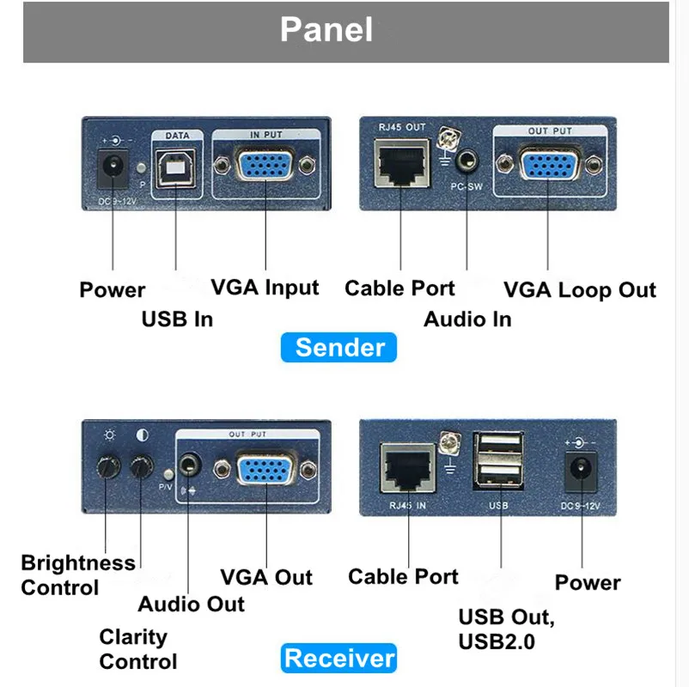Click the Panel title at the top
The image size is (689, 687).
[x=326, y=30]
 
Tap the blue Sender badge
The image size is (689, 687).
[x=339, y=348]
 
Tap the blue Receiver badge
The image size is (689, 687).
[x=339, y=659]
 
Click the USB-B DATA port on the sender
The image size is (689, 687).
[x=175, y=167]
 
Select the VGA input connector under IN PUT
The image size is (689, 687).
[x=265, y=166]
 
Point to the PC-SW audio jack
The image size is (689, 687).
[x=466, y=161]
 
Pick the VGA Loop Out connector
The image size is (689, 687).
[x=548, y=166]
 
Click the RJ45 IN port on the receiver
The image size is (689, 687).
[x=404, y=471]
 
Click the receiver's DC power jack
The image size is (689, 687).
[x=580, y=470]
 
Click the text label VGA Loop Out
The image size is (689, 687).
[x=579, y=290]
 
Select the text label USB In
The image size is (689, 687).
[x=177, y=319]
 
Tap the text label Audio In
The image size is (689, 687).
[x=467, y=319]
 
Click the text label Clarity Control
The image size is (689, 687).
[x=137, y=649]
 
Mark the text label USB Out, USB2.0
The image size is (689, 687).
[x=507, y=629]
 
